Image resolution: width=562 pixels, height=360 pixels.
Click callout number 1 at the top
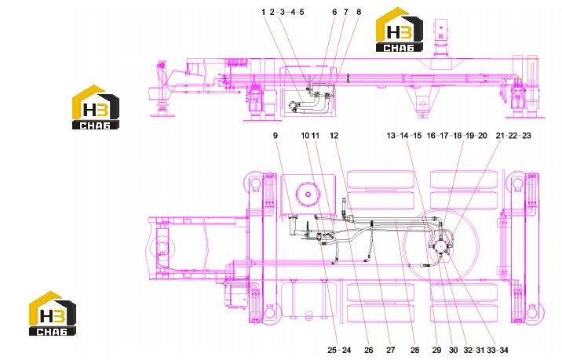coord(264,13)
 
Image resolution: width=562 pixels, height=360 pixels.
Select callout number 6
coord(334,13)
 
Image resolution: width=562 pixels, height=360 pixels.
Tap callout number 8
coord(359,13)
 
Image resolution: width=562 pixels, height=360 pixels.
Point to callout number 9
coord(276,136)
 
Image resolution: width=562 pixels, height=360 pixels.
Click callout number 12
coord(334,136)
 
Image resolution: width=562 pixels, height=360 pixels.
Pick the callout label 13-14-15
coord(404,136)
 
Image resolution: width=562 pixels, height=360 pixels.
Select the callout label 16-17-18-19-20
coord(457,136)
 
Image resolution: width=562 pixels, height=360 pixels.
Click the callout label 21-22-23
coord(513,136)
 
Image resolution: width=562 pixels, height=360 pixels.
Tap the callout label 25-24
coord(339,350)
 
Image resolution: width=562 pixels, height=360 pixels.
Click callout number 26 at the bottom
coord(368,350)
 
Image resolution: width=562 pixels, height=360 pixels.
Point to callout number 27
coord(391,350)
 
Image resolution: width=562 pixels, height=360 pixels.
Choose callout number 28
coord(414,350)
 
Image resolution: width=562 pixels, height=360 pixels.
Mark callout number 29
coord(436,350)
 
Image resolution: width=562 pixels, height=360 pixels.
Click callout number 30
coord(454,350)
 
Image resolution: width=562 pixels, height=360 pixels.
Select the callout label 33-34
coord(497,350)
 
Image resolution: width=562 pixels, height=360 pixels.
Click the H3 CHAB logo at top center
coord(400,30)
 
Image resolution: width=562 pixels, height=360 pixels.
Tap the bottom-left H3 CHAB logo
coord(53,314)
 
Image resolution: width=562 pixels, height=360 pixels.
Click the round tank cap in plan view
coord(308,195)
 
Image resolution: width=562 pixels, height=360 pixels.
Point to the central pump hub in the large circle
coord(440,247)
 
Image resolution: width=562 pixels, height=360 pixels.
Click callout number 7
coord(346,13)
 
